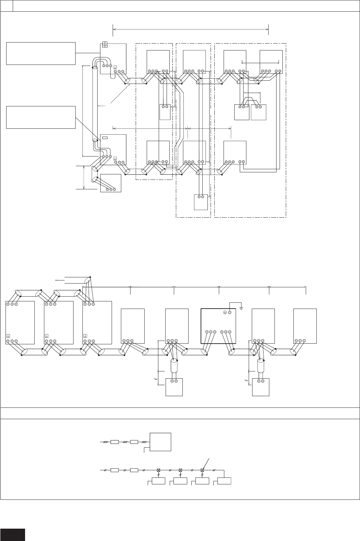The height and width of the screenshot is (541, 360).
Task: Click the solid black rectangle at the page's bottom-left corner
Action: pos(13,535)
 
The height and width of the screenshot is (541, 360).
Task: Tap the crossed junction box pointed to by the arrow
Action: pos(202,470)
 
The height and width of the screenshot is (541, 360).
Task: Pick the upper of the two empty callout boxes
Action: pos(41,53)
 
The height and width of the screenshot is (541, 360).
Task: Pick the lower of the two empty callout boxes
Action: pos(41,117)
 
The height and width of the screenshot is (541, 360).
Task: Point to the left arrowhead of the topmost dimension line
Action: pos(114,30)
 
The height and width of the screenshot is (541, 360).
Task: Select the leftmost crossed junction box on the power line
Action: pos(159,470)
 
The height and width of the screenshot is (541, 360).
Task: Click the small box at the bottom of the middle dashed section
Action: pos(201,202)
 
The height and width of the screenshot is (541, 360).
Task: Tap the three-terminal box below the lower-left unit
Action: pos(111,183)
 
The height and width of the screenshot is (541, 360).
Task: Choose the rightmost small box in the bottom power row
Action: pos(224,481)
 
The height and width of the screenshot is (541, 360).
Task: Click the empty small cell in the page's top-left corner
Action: pos(7,6)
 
